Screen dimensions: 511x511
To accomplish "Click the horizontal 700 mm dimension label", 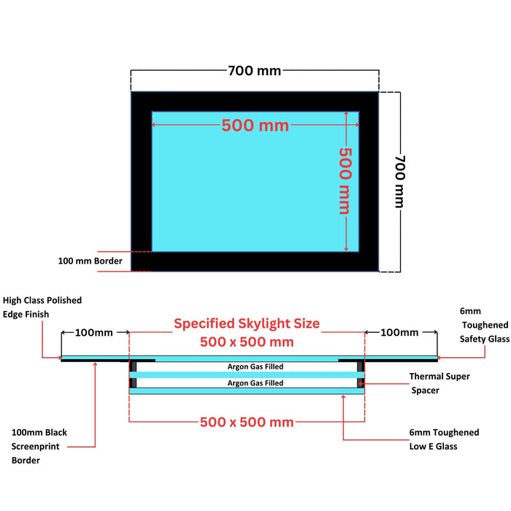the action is tap(254, 71).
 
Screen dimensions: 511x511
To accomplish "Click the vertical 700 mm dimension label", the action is tap(400, 182).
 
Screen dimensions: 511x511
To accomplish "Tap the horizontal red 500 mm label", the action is tap(255, 126).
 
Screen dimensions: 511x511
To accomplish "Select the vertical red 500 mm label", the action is tap(345, 181).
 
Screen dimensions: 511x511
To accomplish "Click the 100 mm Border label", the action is tap(90, 261).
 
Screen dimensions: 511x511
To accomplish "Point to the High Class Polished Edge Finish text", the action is tap(42, 307).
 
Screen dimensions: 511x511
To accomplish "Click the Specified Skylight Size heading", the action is tap(247, 323).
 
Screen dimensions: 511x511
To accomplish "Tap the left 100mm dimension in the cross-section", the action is tap(94, 332).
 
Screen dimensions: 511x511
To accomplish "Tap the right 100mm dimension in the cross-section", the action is tap(399, 332).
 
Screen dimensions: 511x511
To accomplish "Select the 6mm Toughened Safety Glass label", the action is tap(485, 325).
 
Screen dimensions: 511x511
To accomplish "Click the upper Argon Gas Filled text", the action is tap(255, 366).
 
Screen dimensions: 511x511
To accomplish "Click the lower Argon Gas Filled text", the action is tap(255, 383).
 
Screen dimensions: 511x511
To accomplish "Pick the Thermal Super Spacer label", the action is tap(439, 383).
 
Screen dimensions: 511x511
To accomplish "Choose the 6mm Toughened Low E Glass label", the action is tap(444, 439).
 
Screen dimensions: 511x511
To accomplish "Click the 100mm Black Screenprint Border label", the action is tap(39, 447).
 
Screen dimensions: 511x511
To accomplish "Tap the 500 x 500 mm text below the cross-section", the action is tap(247, 422).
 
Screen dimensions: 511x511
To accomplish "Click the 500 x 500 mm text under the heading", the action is tap(247, 342).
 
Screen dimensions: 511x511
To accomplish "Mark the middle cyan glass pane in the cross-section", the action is tap(247, 374).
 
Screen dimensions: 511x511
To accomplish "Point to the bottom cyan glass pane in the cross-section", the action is tap(247, 391).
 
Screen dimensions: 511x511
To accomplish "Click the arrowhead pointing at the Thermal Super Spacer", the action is tap(361, 383).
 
